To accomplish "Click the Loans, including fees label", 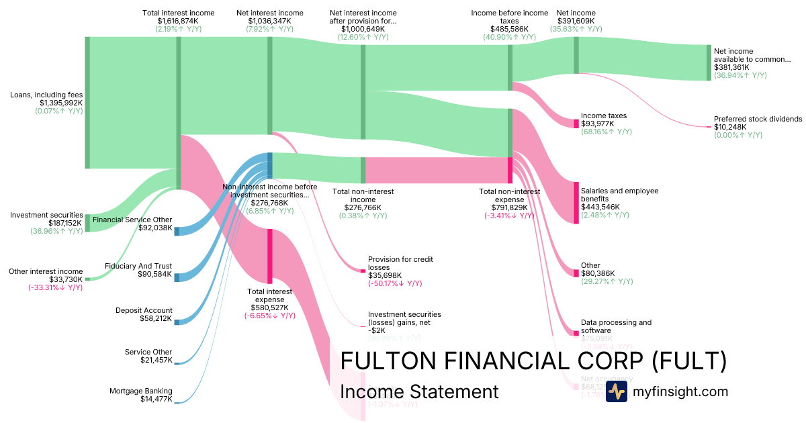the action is pos(46,95).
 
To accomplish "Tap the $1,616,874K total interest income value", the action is pos(178,21).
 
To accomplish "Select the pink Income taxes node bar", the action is pos(576,124).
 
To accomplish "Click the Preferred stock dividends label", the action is pos(758,119).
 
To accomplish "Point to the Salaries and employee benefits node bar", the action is pos(576,202).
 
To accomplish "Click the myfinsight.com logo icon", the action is pos(616,391).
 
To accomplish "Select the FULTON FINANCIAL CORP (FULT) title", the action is pos(533,361).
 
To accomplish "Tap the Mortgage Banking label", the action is pos(141,391).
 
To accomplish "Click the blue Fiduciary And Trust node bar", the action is pos(177,277).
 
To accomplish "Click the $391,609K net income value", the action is pos(576,21).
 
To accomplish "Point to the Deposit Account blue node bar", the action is pos(177,322).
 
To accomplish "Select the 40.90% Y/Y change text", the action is pos(508,37).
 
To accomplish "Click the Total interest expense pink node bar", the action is pos(270,256).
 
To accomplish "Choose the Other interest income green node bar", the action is pos(87,279).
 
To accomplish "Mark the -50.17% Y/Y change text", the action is pos(395,283).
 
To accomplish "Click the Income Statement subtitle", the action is pos(419,392).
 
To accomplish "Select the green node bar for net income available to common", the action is pos(708,62).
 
